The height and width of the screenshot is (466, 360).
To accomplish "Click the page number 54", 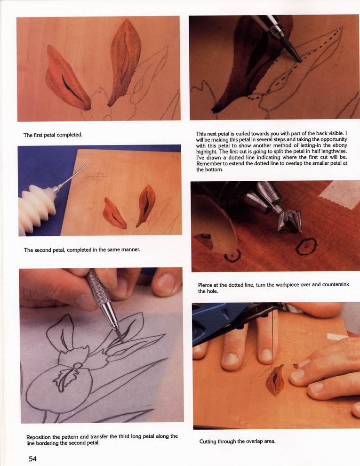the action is pos(32,458).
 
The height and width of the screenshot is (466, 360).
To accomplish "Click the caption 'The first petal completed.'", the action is pos(53,135).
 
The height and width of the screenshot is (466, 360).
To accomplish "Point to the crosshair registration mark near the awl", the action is pos(98,176).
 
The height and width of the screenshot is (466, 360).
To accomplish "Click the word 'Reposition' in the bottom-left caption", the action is pos(39,437).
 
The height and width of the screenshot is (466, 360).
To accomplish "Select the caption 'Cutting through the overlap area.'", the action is pos(237,442).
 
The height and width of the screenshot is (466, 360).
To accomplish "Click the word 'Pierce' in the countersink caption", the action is pos(205,285).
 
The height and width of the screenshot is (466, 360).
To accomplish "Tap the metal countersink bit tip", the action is pos(289,221).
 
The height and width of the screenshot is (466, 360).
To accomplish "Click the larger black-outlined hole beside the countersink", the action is pos(306,246).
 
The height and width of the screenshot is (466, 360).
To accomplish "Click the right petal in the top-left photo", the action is pos(125,61).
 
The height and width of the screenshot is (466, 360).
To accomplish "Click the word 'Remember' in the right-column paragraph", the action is pos(208,163).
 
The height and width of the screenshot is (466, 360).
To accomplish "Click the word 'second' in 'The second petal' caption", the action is pos(44,250).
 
